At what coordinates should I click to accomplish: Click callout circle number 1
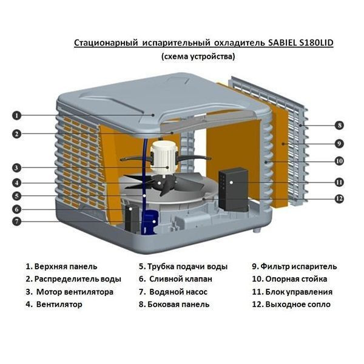pos(17,114)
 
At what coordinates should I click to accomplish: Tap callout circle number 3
pos(17,167)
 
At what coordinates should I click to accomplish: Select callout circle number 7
pos(17,221)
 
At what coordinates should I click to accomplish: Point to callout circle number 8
pos(339,126)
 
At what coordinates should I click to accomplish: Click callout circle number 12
pos(339,198)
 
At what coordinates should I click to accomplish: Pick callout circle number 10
pos(339,161)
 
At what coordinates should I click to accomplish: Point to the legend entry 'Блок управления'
pos(293,292)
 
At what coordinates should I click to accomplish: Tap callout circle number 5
pos(17,196)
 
